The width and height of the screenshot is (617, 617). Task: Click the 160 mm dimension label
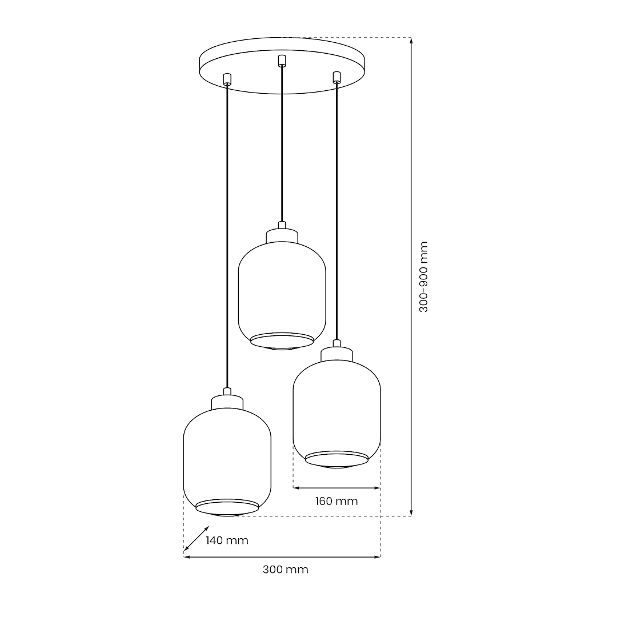click(336, 501)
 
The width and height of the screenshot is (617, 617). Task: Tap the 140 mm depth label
click(227, 540)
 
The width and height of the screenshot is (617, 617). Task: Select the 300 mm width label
click(285, 570)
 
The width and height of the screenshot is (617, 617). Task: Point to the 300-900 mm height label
click(423, 277)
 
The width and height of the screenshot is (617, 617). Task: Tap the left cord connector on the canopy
click(227, 79)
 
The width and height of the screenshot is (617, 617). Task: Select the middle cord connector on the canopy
click(281, 61)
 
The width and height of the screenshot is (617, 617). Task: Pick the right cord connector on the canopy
click(336, 77)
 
